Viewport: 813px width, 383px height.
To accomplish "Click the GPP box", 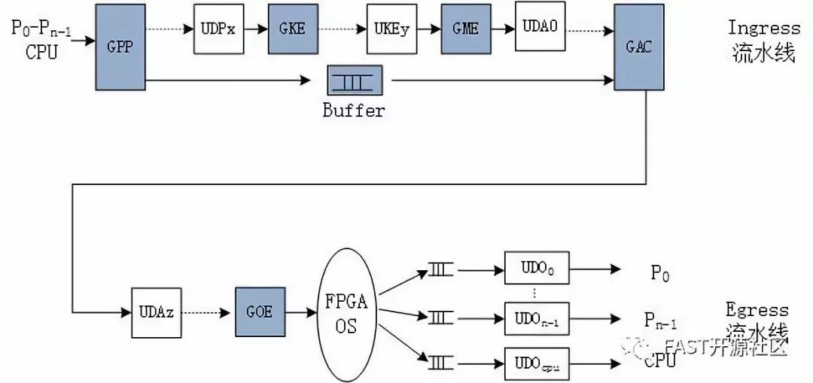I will point(120,45).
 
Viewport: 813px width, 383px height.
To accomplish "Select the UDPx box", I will point(218,29).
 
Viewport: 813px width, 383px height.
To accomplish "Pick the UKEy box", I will point(391,29).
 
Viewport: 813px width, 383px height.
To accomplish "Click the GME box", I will point(465,29).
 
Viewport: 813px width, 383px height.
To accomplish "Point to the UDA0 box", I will point(540,26).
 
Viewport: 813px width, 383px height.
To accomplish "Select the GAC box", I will point(638,46).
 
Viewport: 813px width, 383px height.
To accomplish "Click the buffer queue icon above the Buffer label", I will point(355,80).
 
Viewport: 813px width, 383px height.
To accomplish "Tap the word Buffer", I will point(354,111).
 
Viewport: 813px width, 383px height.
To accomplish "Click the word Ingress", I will point(763,28).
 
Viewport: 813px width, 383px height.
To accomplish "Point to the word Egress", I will point(757,310).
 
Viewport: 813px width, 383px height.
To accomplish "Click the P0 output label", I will point(659,274).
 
